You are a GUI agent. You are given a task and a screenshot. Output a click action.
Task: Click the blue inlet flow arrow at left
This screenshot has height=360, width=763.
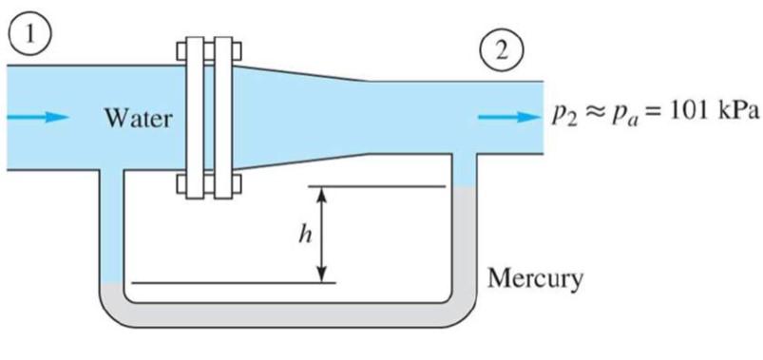pos(38,118)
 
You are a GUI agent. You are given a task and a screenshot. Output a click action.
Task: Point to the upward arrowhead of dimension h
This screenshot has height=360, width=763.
pos(322,193)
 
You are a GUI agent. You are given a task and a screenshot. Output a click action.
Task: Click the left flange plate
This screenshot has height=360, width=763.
pos(194,118)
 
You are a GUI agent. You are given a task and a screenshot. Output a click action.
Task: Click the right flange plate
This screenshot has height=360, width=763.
pos(223,118)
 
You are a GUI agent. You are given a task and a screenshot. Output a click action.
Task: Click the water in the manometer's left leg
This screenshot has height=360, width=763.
pos(112,228)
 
